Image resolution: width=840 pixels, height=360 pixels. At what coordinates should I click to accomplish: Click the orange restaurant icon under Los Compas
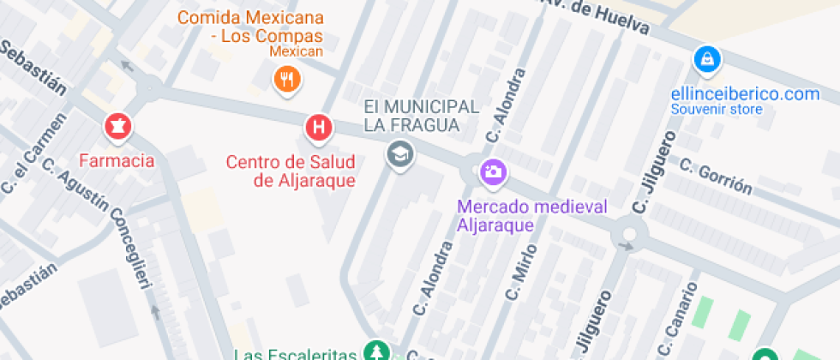click(286, 81)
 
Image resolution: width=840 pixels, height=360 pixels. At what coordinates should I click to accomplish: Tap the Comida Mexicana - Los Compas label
click(249, 27)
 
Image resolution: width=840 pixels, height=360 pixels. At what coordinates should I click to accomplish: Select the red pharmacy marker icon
click(117, 129)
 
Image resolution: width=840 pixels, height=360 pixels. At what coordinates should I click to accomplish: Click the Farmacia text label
click(117, 160)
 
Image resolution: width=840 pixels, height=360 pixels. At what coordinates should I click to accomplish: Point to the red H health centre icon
click(319, 129)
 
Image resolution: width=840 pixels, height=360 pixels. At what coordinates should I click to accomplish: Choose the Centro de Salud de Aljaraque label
click(291, 171)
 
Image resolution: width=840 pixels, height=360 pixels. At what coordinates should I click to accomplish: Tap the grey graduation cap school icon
click(399, 155)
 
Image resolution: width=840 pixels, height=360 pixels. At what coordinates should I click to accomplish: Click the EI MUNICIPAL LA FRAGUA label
click(421, 115)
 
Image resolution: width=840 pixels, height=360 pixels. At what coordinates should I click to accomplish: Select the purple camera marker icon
click(493, 171)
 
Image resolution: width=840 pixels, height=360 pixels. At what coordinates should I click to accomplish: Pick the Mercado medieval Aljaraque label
click(532, 215)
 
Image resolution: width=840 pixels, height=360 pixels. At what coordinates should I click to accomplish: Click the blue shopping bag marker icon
click(706, 60)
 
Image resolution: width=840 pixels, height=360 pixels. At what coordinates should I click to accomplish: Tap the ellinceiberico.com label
click(745, 94)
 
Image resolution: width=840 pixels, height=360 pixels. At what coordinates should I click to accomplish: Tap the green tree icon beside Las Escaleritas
click(375, 351)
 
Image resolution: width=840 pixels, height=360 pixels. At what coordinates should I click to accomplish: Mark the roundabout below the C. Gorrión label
click(632, 232)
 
